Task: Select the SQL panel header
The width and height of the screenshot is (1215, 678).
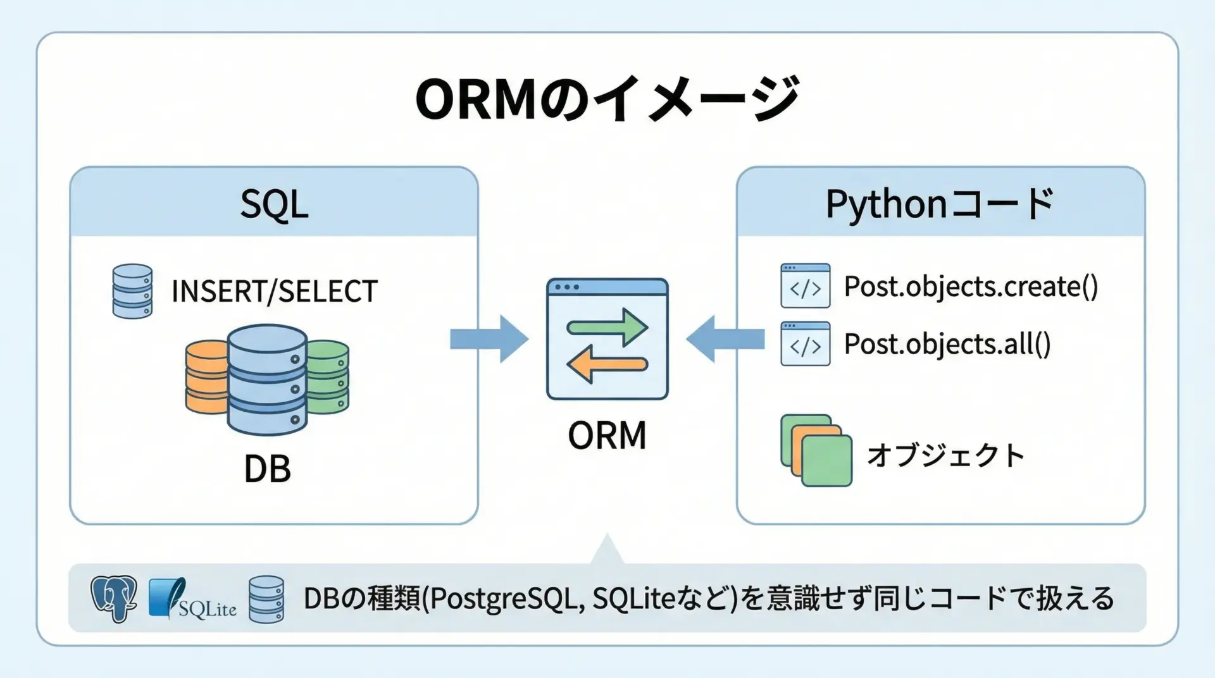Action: tap(274, 204)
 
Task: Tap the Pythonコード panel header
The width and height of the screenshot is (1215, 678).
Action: tap(940, 204)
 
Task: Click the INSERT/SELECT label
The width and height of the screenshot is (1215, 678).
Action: tap(274, 292)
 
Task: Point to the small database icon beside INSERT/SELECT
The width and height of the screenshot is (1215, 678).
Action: tap(132, 291)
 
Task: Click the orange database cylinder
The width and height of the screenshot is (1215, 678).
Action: tap(205, 377)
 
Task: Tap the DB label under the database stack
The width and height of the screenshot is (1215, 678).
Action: tap(267, 469)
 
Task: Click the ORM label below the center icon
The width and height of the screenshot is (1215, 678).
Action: tap(607, 436)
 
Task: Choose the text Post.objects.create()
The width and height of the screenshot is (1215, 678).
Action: tap(971, 287)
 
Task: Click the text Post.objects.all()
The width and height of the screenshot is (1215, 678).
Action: tap(947, 344)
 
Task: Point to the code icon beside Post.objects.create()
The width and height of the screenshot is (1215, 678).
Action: tap(805, 286)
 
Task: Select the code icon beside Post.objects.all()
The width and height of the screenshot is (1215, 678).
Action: tap(805, 343)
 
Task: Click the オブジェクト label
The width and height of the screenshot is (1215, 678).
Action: tap(945, 455)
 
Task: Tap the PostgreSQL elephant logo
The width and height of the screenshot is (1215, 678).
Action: tap(114, 598)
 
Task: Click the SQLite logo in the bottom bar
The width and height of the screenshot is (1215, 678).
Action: tap(192, 598)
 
